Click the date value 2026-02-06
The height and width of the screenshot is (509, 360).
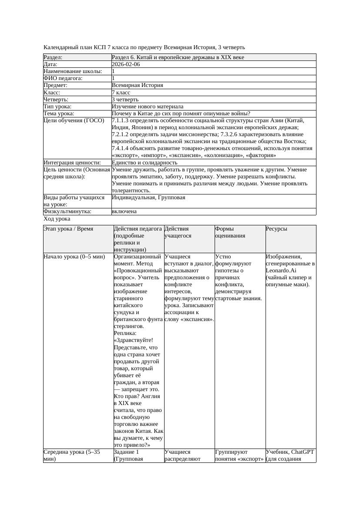[126, 64]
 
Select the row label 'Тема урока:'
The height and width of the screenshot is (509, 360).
[59, 114]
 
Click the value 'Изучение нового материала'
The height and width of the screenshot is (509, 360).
[148, 107]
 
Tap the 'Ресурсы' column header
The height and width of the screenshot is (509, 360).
[276, 229]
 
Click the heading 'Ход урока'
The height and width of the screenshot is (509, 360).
[57, 219]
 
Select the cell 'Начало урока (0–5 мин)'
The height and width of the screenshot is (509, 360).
[74, 257]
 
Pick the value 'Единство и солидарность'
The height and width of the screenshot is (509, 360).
[145, 163]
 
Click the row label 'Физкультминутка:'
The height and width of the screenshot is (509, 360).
[67, 211]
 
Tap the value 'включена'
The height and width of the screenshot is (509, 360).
[124, 211]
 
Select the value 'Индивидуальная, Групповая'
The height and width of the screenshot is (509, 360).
[148, 198]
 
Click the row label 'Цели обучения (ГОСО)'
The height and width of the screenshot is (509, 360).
[74, 121]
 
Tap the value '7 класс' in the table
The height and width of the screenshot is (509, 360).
[121, 93]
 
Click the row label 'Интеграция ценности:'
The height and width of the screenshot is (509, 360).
[72, 163]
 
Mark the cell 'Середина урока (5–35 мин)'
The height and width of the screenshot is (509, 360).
[72, 455]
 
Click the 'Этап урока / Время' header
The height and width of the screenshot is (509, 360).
[68, 229]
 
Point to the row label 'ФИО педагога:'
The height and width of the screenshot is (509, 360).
[63, 78]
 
